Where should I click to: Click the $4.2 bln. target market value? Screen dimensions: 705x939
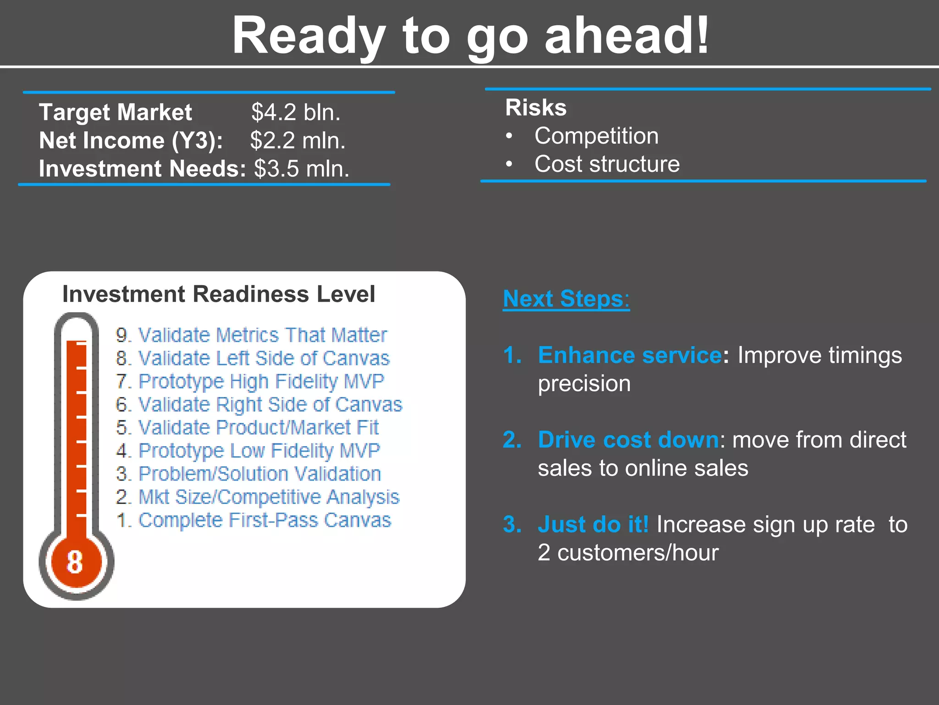(x=296, y=112)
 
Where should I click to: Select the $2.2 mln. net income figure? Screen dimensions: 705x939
(x=298, y=140)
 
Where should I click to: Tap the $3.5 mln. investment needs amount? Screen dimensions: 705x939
(x=302, y=169)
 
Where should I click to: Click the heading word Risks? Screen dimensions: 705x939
(x=536, y=108)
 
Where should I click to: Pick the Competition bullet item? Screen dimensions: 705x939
(x=596, y=136)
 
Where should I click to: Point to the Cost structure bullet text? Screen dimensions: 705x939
(x=607, y=164)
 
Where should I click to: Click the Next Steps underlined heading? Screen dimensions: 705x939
(x=566, y=299)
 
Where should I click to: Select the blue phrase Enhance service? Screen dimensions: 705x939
(x=630, y=355)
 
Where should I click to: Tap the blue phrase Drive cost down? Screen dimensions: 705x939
(x=628, y=440)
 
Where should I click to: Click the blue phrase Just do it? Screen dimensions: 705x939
(x=593, y=524)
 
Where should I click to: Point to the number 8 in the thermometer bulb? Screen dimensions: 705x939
(x=75, y=562)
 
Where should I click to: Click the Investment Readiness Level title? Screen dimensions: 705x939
(x=218, y=294)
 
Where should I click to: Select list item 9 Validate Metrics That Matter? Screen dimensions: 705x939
(x=251, y=335)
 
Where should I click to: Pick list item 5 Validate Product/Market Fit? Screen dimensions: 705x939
(x=248, y=428)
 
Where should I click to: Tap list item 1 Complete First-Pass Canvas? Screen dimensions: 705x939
(x=254, y=520)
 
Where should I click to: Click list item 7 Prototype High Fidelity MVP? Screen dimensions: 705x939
(x=250, y=381)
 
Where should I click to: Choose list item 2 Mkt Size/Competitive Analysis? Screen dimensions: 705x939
(x=258, y=497)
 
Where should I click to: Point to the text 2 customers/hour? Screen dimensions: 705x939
(x=628, y=553)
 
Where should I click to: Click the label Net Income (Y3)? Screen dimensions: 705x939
(x=131, y=140)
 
